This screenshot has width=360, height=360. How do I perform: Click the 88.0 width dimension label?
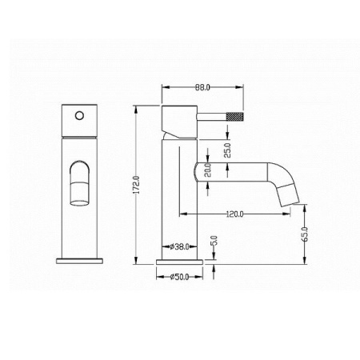pos(202,87)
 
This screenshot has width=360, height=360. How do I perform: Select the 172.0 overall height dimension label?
pos(136,185)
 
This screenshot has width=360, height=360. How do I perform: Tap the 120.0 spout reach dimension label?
pos(234,214)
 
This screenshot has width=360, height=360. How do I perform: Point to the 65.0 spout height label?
pos(306,234)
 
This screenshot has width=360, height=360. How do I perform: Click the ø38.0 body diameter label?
pos(179,246)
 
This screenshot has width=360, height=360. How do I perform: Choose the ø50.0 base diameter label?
pos(179,277)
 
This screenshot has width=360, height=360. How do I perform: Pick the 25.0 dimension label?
pos(227,150)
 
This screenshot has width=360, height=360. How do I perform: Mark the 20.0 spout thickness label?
pos(208,170)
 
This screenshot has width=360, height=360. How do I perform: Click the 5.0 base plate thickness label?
pos(215,240)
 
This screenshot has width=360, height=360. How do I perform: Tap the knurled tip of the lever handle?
pos(235,117)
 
